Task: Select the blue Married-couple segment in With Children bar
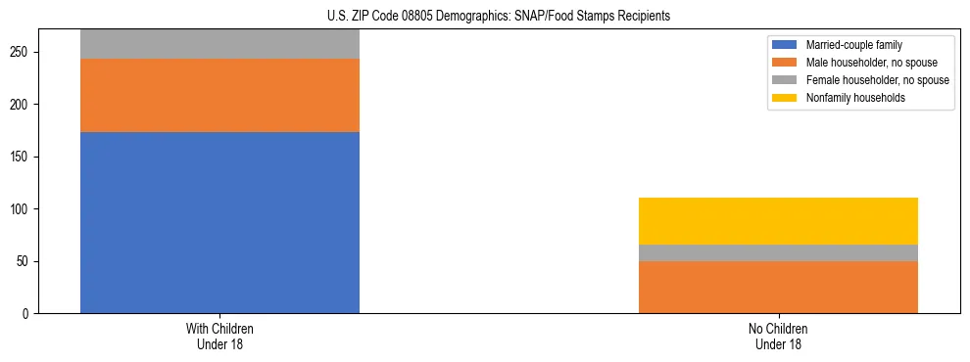219,222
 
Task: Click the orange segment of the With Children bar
219,95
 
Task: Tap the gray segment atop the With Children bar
219,44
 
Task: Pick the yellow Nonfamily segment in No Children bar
778,221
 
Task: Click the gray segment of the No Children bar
778,252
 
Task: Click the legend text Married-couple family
853,45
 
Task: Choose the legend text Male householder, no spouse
871,63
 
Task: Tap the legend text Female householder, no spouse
877,80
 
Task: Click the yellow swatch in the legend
785,98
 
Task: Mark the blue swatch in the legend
785,45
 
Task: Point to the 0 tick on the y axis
29,314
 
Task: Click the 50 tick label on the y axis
26,261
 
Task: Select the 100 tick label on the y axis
24,209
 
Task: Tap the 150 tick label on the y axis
24,157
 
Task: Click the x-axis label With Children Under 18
219,337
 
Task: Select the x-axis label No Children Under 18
778,337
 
